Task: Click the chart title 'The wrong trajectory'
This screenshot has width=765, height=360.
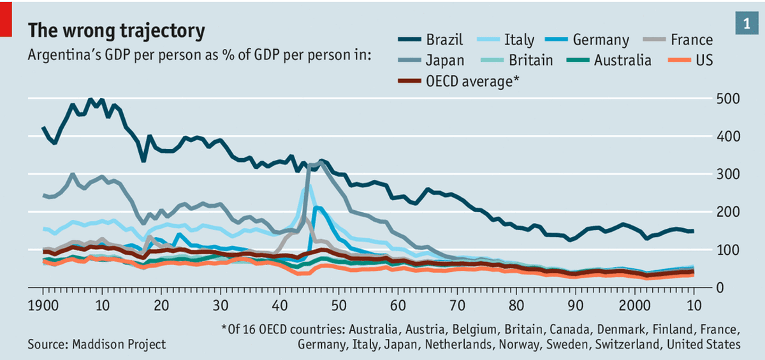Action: point(116,31)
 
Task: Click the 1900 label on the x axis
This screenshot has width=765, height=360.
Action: point(43,303)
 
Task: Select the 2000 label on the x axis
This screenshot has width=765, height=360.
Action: point(636,303)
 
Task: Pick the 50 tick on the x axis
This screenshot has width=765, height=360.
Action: point(339,303)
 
